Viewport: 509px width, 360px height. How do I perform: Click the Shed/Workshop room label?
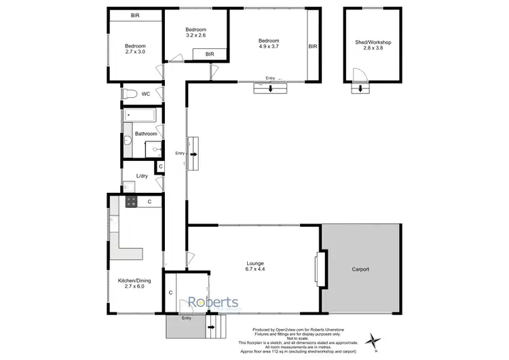[373, 45]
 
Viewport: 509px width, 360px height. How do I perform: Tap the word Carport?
[360, 270]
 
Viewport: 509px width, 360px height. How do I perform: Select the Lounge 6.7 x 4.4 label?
[256, 266]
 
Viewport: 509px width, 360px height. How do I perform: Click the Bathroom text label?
[146, 134]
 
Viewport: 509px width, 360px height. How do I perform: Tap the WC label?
[146, 94]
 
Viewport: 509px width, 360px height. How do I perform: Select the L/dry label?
[143, 176]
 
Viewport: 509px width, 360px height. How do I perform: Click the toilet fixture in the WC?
[131, 94]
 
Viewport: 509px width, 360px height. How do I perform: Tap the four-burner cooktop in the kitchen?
[131, 201]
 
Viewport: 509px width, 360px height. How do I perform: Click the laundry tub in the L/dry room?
[128, 183]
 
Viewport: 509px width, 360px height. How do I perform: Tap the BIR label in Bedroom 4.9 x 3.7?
[312, 47]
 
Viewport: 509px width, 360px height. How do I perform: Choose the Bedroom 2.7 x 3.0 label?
[135, 48]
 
